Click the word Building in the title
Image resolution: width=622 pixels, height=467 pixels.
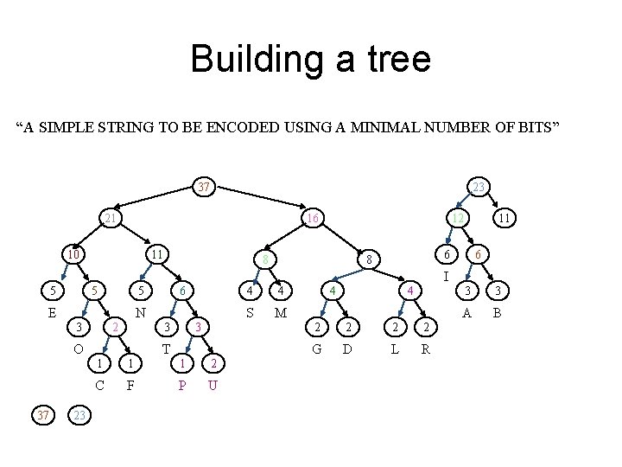(250, 59)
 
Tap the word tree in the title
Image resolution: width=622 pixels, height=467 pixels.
(394, 59)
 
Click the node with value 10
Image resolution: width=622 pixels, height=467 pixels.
(76, 254)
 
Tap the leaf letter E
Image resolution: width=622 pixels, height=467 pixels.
(52, 313)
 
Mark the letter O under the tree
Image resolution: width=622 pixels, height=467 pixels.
(78, 349)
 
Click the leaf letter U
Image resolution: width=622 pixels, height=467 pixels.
(213, 385)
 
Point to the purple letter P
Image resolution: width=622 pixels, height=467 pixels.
(182, 385)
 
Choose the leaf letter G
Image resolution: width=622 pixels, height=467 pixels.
(318, 349)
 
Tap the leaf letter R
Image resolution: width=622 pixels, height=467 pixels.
(425, 349)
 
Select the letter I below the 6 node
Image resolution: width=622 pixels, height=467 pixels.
(445, 277)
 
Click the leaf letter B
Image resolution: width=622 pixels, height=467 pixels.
(497, 313)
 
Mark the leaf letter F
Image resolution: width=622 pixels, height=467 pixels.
(130, 385)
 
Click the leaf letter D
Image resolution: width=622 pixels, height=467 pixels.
(346, 349)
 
